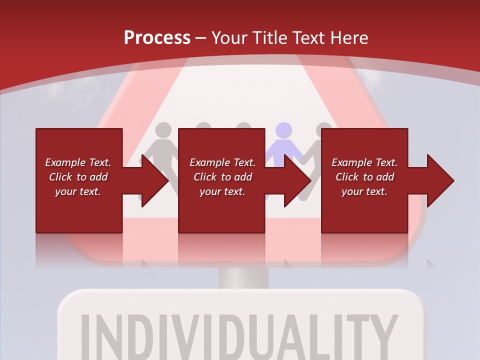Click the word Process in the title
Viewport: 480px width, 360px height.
click(157, 37)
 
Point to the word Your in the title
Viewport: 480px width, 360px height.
click(230, 37)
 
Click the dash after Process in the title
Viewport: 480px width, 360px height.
click(201, 38)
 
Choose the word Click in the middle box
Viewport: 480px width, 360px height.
click(205, 177)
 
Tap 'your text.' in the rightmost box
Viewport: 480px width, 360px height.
click(364, 191)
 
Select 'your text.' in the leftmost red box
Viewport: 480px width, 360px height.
click(78, 191)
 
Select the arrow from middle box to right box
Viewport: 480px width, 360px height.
click(292, 180)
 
